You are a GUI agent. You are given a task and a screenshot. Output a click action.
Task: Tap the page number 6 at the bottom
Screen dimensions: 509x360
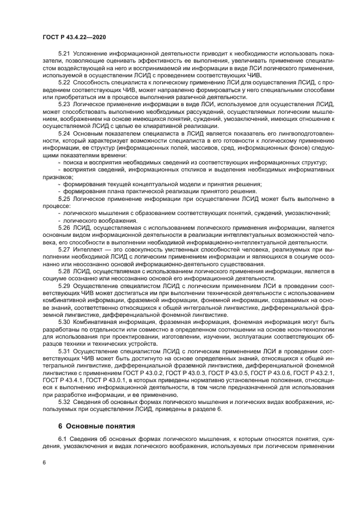[44, 462]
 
